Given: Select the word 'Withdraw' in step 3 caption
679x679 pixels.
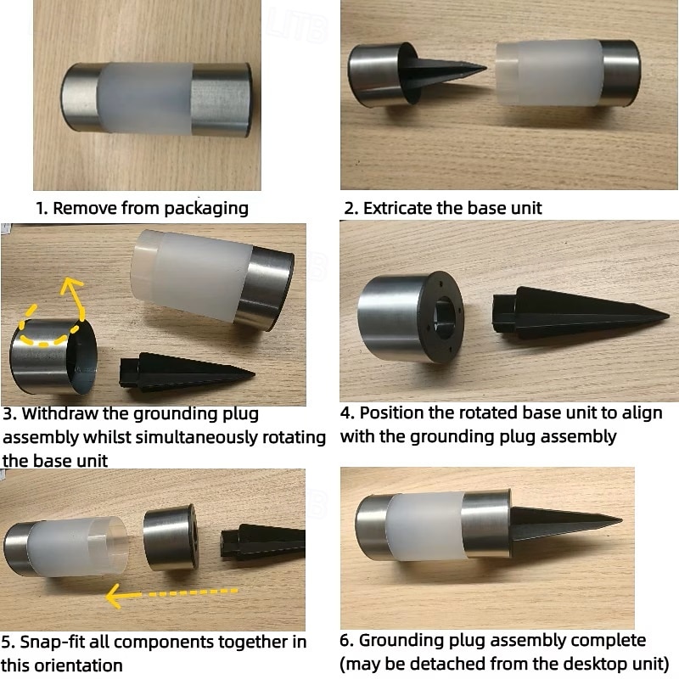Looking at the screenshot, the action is click(x=60, y=413).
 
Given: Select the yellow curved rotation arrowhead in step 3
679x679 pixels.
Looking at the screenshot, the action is click(x=70, y=288).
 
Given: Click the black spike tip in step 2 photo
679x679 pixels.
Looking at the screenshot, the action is click(x=485, y=68).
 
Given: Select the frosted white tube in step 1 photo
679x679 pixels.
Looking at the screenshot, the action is click(x=145, y=98).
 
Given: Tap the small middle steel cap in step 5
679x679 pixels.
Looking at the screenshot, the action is click(x=171, y=538).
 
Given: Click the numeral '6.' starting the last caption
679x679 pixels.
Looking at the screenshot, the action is click(x=347, y=641).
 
